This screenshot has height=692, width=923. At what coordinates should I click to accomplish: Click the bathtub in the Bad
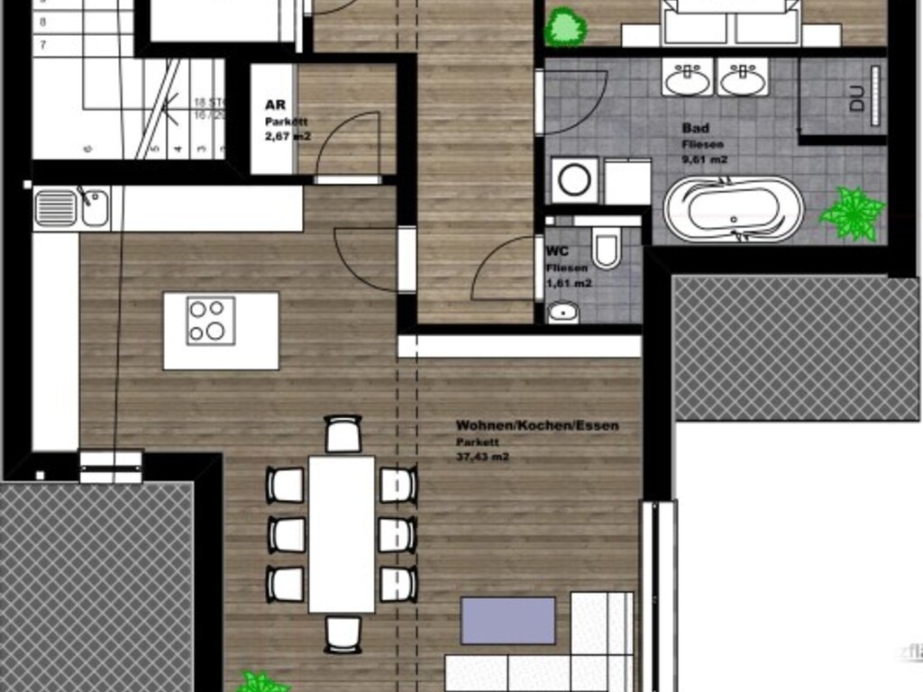(733, 208)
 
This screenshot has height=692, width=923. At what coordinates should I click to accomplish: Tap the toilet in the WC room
(607, 248)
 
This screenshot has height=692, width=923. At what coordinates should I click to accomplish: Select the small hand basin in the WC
(563, 313)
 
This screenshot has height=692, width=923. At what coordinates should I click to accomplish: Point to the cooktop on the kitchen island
(211, 321)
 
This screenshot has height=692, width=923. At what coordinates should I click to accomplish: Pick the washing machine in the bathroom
(572, 181)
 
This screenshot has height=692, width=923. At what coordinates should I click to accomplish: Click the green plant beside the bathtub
(852, 214)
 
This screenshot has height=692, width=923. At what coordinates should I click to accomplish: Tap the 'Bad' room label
(695, 129)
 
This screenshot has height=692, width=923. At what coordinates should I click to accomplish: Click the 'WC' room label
(556, 253)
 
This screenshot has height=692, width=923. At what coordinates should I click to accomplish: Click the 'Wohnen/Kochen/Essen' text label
(537, 425)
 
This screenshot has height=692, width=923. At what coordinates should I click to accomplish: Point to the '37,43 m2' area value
(482, 457)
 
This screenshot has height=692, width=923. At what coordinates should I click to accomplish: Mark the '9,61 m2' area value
(705, 159)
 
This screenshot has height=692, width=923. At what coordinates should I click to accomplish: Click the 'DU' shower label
(856, 98)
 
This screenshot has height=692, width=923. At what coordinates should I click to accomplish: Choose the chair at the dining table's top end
(343, 434)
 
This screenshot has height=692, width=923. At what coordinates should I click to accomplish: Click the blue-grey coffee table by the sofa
(508, 621)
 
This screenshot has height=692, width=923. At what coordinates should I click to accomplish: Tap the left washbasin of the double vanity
(687, 79)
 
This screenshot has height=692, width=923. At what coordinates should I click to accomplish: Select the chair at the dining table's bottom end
(343, 633)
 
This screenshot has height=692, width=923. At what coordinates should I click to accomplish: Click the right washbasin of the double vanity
(744, 79)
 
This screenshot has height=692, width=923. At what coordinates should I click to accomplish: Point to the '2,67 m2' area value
(287, 137)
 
